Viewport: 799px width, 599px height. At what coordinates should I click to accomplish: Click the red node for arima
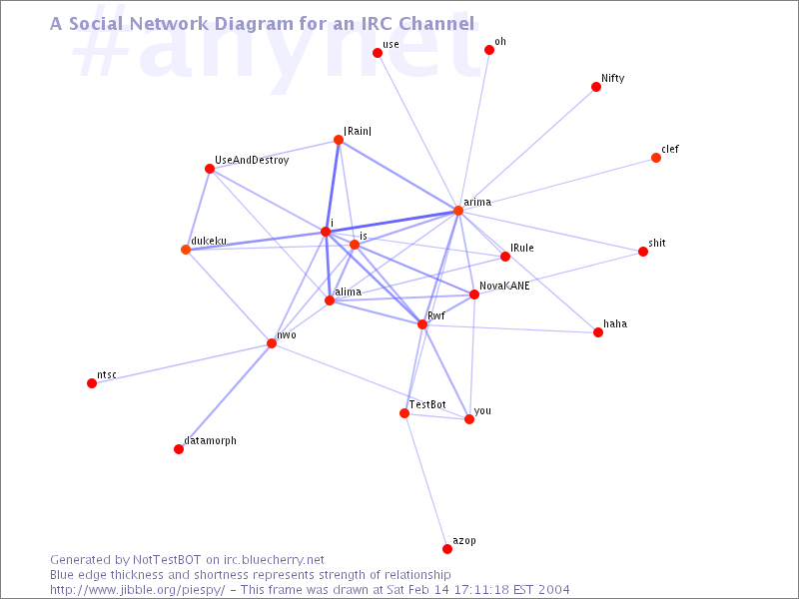(x=458, y=211)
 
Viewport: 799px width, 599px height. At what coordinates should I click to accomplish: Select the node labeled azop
(x=446, y=548)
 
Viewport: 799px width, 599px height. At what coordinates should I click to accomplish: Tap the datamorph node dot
(x=179, y=448)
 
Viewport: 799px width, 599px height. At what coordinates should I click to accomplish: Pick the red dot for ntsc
(x=92, y=383)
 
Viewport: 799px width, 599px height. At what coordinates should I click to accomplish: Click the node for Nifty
(x=595, y=87)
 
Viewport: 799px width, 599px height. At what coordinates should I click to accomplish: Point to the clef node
(x=656, y=158)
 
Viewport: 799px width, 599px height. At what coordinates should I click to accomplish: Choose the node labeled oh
(x=489, y=49)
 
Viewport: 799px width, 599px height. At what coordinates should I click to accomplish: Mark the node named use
(x=378, y=53)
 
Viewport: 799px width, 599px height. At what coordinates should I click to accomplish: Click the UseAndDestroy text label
(x=252, y=160)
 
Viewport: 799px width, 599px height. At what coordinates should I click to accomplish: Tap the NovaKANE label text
(x=504, y=286)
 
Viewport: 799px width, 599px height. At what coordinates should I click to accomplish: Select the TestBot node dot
(x=404, y=413)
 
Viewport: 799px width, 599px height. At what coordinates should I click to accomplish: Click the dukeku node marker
(x=186, y=249)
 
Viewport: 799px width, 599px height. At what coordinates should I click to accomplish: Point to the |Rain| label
(x=358, y=131)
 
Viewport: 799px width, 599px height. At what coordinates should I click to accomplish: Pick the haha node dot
(x=598, y=332)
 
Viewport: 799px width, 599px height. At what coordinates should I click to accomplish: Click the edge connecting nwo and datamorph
(x=225, y=396)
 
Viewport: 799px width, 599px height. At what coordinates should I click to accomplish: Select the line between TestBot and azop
(x=425, y=481)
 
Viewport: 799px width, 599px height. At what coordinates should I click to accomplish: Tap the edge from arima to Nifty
(x=527, y=149)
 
